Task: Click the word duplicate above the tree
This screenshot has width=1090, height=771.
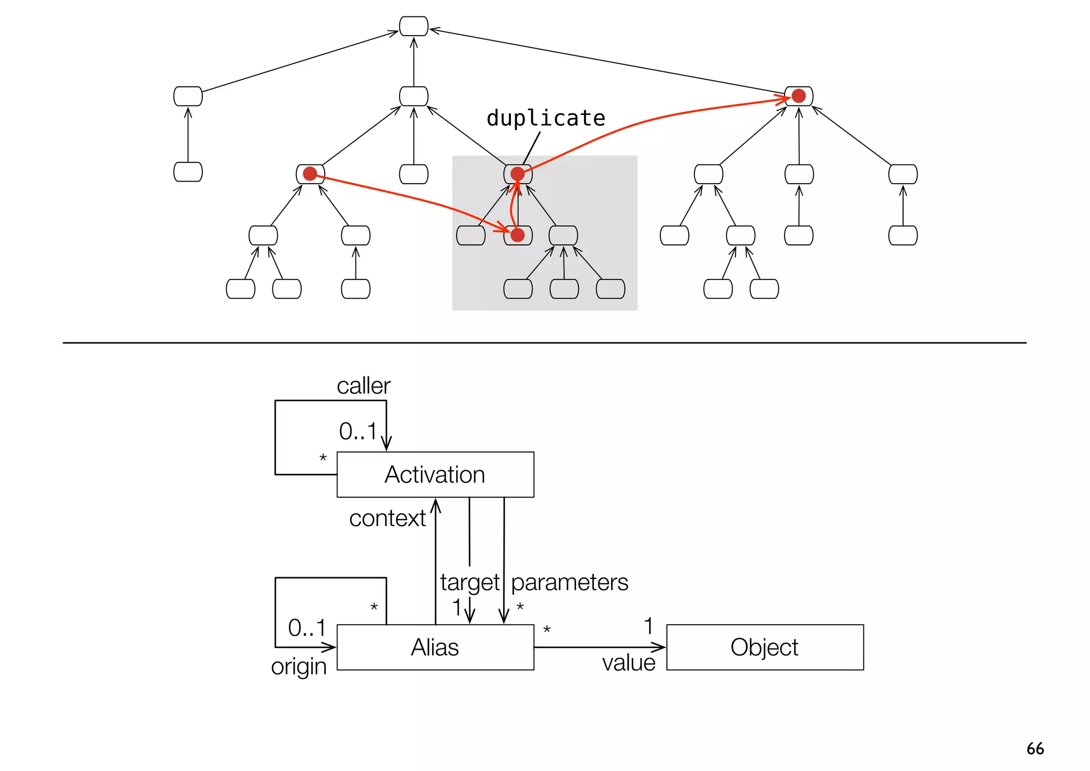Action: click(546, 118)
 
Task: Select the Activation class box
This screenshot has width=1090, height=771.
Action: click(435, 474)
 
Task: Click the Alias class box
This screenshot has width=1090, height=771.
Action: click(435, 647)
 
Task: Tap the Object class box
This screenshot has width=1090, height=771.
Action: click(764, 647)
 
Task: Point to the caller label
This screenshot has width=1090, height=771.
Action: click(364, 386)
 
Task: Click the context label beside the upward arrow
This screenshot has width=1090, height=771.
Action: click(387, 518)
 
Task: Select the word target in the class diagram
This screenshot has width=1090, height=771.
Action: click(469, 583)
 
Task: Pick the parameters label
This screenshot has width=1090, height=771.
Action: click(569, 583)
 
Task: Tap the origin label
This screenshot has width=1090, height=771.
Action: click(299, 667)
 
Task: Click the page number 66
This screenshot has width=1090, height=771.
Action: click(1035, 749)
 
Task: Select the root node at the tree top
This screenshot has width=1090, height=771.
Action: click(414, 26)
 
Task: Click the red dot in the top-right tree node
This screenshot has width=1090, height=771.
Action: click(798, 96)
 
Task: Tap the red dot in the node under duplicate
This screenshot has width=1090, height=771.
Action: click(517, 174)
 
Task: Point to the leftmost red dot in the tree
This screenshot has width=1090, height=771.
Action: click(310, 174)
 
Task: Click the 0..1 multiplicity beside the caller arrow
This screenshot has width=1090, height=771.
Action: click(358, 431)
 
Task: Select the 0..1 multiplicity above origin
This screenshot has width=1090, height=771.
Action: click(307, 628)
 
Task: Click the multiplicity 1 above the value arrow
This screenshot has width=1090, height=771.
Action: click(648, 626)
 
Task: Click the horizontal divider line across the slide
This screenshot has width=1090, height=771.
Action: click(544, 343)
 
